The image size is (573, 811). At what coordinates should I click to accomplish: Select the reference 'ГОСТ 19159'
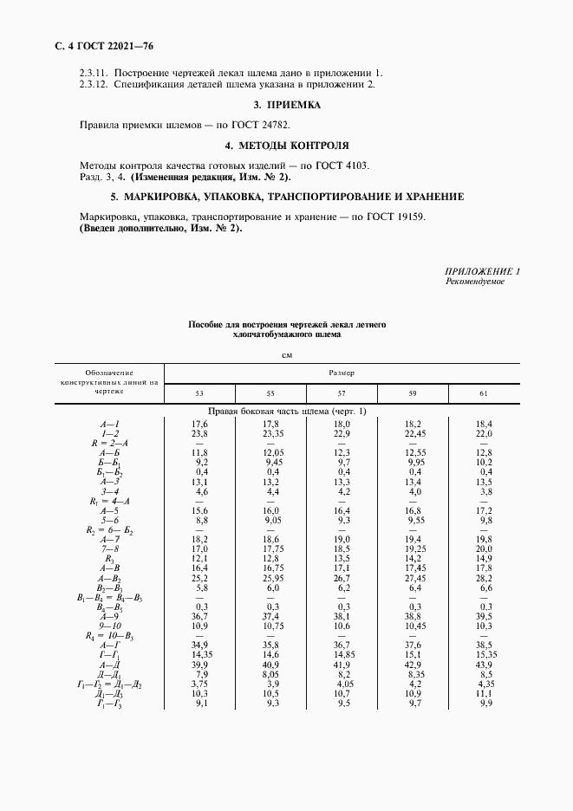click(395, 216)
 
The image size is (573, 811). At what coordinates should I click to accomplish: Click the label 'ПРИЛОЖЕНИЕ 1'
click(483, 272)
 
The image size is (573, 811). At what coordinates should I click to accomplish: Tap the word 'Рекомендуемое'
click(475, 282)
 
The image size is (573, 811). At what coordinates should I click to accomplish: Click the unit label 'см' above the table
click(287, 354)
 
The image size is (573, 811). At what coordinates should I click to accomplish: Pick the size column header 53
click(199, 394)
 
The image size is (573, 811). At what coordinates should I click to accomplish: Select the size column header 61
click(483, 394)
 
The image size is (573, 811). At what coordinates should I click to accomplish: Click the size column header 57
click(342, 394)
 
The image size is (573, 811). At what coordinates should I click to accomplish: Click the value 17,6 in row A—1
click(199, 424)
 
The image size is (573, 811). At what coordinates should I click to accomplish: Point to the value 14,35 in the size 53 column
click(199, 654)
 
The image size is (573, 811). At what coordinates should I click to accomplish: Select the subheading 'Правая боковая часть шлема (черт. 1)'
click(287, 412)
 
